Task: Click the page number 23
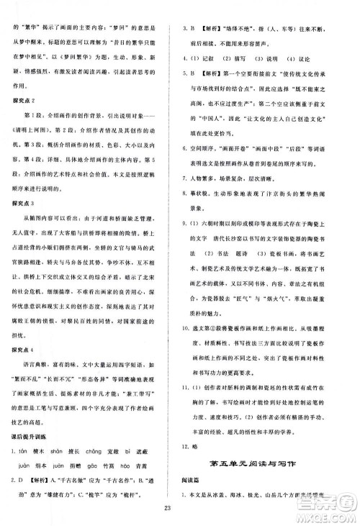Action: tap(180, 509)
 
